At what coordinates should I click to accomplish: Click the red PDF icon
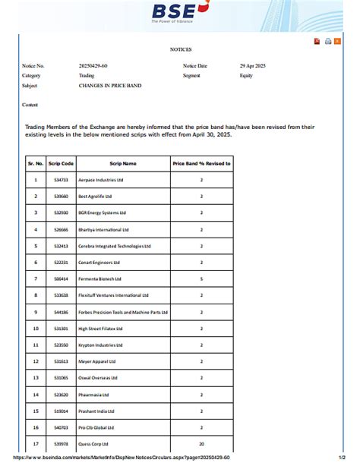tap(317, 41)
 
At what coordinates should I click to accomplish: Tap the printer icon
tap(327, 41)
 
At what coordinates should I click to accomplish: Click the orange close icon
tap(337, 41)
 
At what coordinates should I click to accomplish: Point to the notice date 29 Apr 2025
tap(253, 66)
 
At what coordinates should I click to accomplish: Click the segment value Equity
tap(246, 76)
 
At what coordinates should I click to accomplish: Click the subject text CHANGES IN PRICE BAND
tap(109, 86)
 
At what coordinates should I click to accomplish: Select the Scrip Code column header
tap(61, 163)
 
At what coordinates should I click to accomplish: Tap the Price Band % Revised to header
tap(201, 163)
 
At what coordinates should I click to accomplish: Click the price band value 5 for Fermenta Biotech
tap(201, 279)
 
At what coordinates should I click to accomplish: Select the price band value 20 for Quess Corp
tap(201, 444)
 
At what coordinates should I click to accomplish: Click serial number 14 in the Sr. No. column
tap(36, 395)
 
